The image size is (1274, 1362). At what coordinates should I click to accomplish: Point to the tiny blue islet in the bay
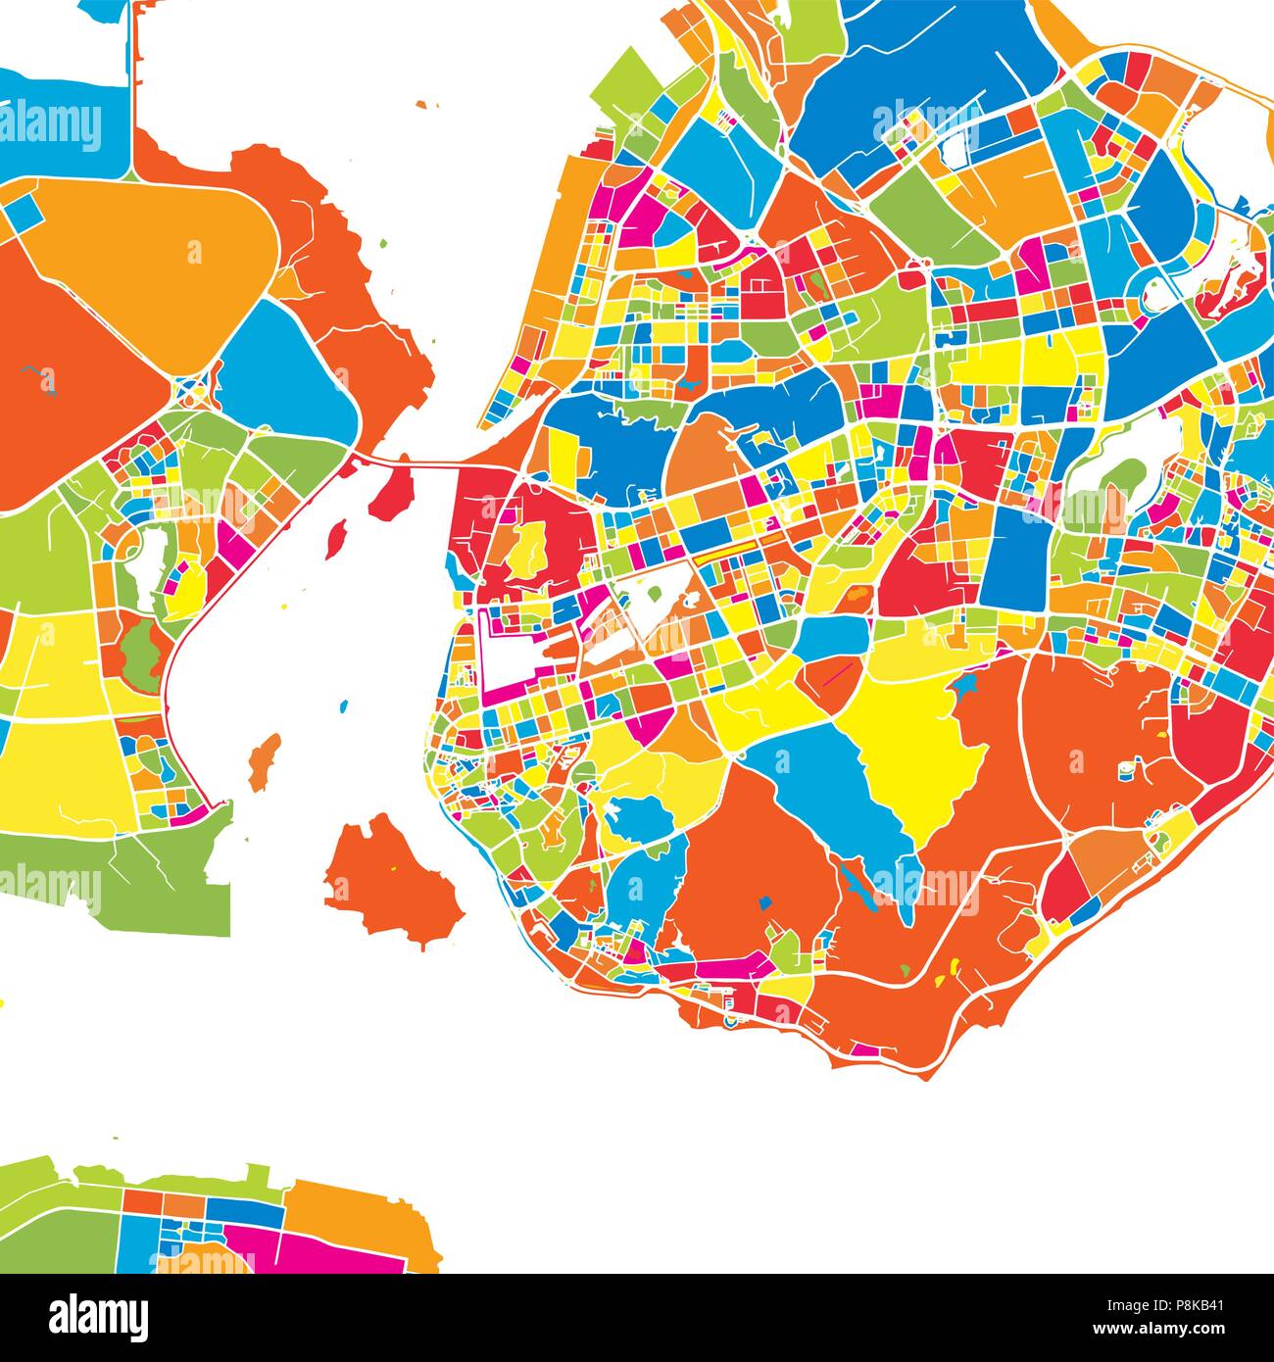(343, 705)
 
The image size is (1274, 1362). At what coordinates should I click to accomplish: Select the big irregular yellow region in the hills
(911, 754)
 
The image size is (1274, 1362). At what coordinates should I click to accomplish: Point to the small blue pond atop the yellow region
(970, 685)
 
